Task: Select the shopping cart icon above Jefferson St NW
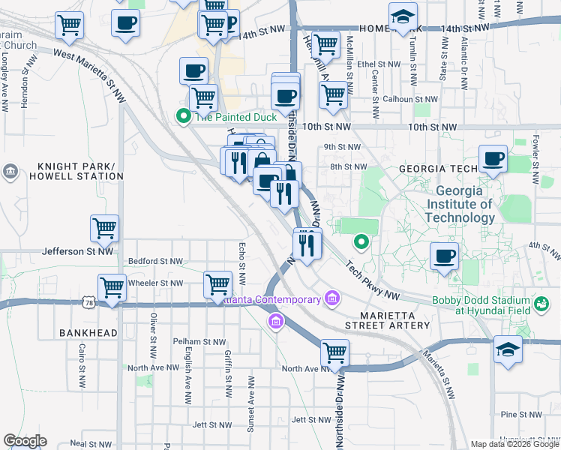(104, 227)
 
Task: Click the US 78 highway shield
(89, 302)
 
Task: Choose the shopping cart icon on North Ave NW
(334, 352)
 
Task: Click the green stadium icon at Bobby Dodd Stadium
(541, 304)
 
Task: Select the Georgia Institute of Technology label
(459, 204)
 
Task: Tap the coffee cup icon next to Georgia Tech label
(493, 159)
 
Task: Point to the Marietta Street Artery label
(388, 319)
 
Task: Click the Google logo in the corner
(25, 441)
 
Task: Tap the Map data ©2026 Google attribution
(514, 444)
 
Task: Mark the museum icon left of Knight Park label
(10, 172)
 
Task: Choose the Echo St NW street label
(241, 262)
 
